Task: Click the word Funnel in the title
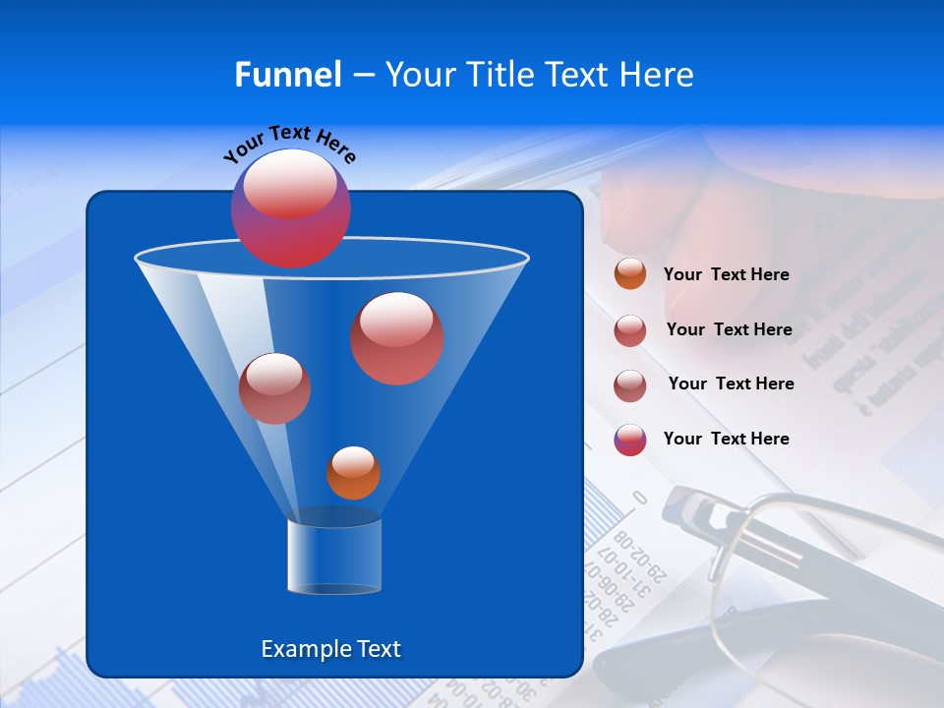(x=287, y=75)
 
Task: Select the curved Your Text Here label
(x=290, y=143)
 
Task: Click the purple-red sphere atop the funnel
(x=290, y=207)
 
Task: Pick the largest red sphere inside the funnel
(x=396, y=337)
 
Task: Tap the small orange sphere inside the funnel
(x=353, y=473)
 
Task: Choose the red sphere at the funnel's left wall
(x=274, y=387)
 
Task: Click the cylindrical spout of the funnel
(x=334, y=557)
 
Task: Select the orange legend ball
(x=630, y=274)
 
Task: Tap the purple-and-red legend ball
(x=630, y=440)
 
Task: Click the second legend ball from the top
(x=630, y=330)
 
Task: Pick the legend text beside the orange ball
(x=726, y=275)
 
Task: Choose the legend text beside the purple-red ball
(x=726, y=439)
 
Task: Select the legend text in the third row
(x=731, y=383)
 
